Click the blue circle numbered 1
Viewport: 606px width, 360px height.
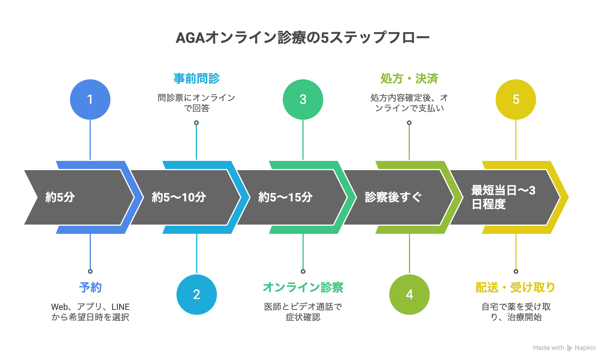tap(90, 99)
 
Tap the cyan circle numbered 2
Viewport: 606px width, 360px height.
tap(197, 294)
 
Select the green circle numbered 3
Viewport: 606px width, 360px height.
tap(303, 99)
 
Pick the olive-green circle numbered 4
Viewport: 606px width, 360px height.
tap(409, 294)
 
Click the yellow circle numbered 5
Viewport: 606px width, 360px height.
tap(516, 99)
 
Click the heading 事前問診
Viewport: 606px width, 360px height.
tap(197, 78)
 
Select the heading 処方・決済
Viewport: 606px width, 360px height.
tap(409, 78)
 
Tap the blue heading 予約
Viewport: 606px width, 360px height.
tap(90, 287)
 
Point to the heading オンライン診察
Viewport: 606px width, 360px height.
tap(303, 287)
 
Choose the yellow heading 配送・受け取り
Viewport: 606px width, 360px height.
tap(515, 287)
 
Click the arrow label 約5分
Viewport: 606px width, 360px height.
tap(60, 197)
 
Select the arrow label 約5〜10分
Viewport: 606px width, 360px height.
tap(179, 197)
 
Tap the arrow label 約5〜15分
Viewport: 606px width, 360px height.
tap(285, 197)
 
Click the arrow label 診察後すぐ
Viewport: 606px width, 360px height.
tap(393, 197)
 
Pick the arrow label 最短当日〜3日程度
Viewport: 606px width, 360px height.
tap(503, 197)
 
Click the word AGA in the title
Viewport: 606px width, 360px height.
tap(190, 38)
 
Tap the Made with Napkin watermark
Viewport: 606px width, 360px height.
tap(564, 348)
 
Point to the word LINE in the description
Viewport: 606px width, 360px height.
tap(120, 307)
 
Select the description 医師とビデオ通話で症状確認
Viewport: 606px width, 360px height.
tap(303, 312)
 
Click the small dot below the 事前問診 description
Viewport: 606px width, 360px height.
tap(197, 123)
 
